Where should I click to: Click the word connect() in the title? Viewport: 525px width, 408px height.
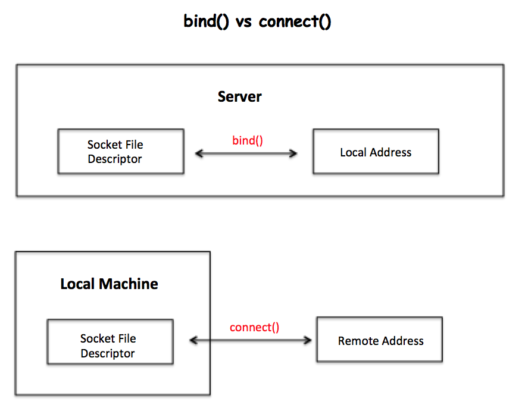click(295, 22)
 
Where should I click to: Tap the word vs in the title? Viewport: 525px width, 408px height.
click(243, 23)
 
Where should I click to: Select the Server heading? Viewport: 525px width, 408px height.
click(239, 97)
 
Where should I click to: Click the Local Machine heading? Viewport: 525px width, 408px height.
click(109, 284)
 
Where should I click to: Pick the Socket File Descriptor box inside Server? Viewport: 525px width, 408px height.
click(121, 152)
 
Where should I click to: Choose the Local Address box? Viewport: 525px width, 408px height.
click(376, 152)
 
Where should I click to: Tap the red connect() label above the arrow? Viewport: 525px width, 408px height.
click(254, 327)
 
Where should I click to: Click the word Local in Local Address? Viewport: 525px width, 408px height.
click(352, 152)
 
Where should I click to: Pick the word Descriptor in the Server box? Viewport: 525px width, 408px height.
click(115, 159)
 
